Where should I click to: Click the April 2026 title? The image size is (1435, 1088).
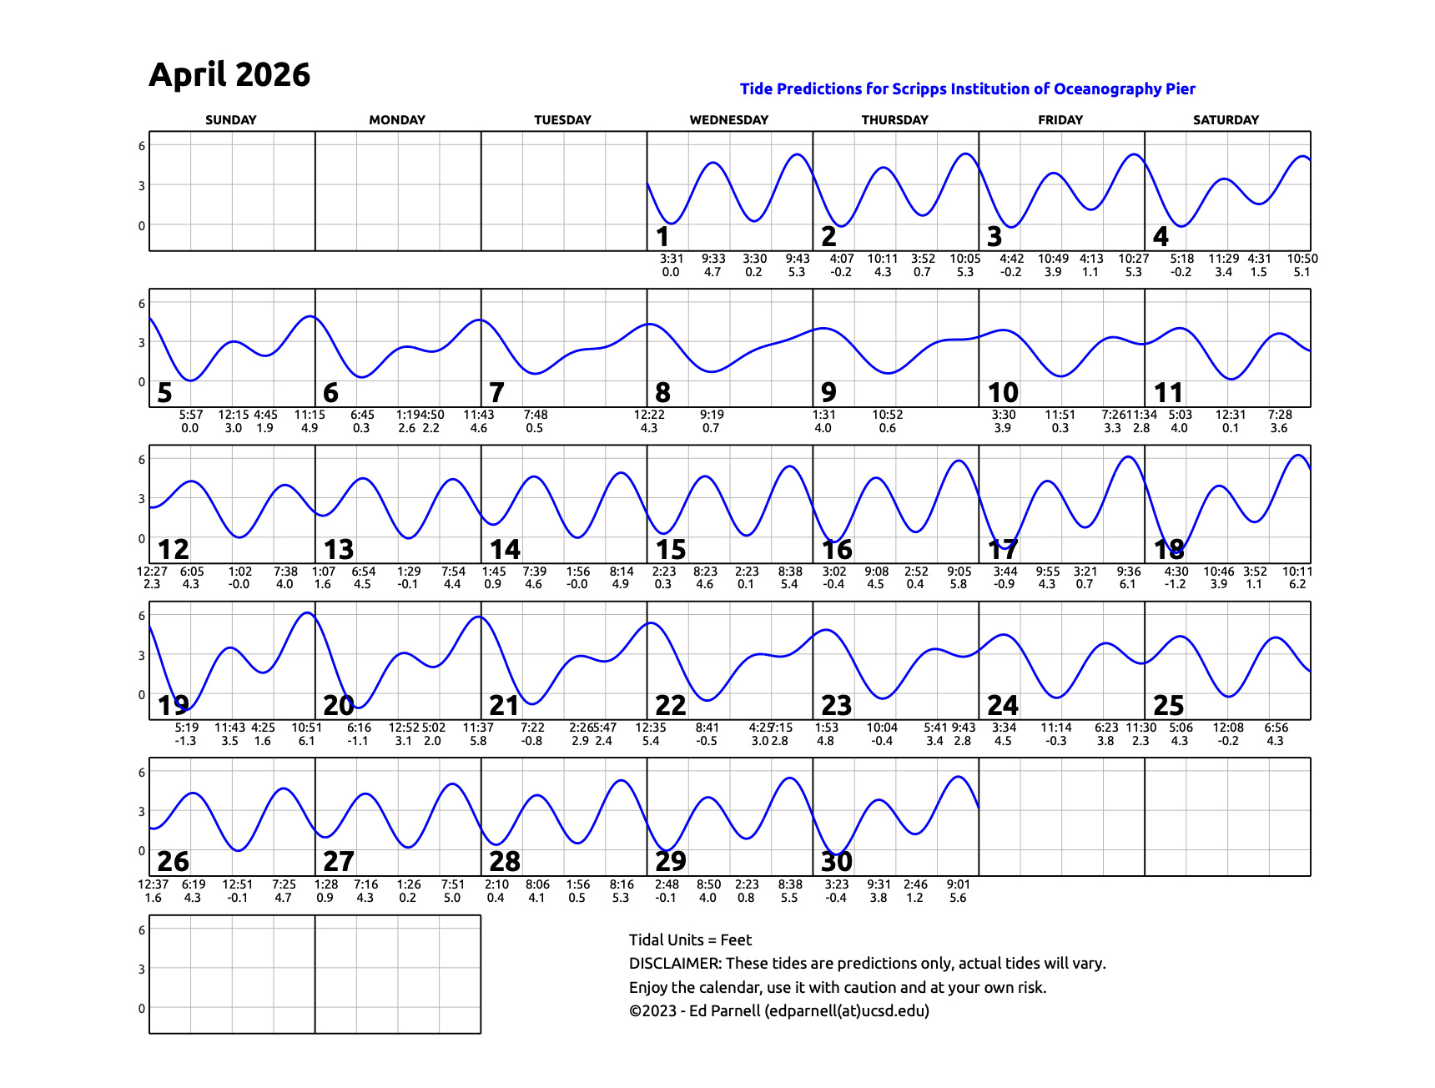point(229,75)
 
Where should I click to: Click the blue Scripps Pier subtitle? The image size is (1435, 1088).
point(967,89)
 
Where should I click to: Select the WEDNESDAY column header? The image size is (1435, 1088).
point(728,120)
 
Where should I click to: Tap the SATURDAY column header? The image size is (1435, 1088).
point(1226,120)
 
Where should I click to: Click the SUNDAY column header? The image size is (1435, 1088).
point(231,120)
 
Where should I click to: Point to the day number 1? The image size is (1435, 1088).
point(662,237)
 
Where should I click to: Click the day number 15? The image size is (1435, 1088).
point(671,550)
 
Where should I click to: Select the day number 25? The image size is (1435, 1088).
point(1168,706)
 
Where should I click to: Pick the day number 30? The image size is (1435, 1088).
point(837,862)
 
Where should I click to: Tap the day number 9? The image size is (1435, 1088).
point(828,393)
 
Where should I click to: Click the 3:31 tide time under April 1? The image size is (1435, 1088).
point(672,259)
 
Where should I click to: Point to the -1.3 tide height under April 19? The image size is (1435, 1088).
point(185,741)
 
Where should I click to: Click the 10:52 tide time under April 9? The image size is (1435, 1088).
point(888,415)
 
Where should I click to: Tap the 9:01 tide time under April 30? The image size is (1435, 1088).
point(958,884)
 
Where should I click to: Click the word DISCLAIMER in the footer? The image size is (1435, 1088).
point(675,964)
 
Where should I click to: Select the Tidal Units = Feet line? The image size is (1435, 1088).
point(690,939)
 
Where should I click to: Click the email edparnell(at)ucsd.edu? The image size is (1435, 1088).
point(846,1011)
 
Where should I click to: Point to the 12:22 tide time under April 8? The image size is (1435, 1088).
point(649,415)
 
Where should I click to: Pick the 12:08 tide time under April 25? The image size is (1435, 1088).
point(1228,728)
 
